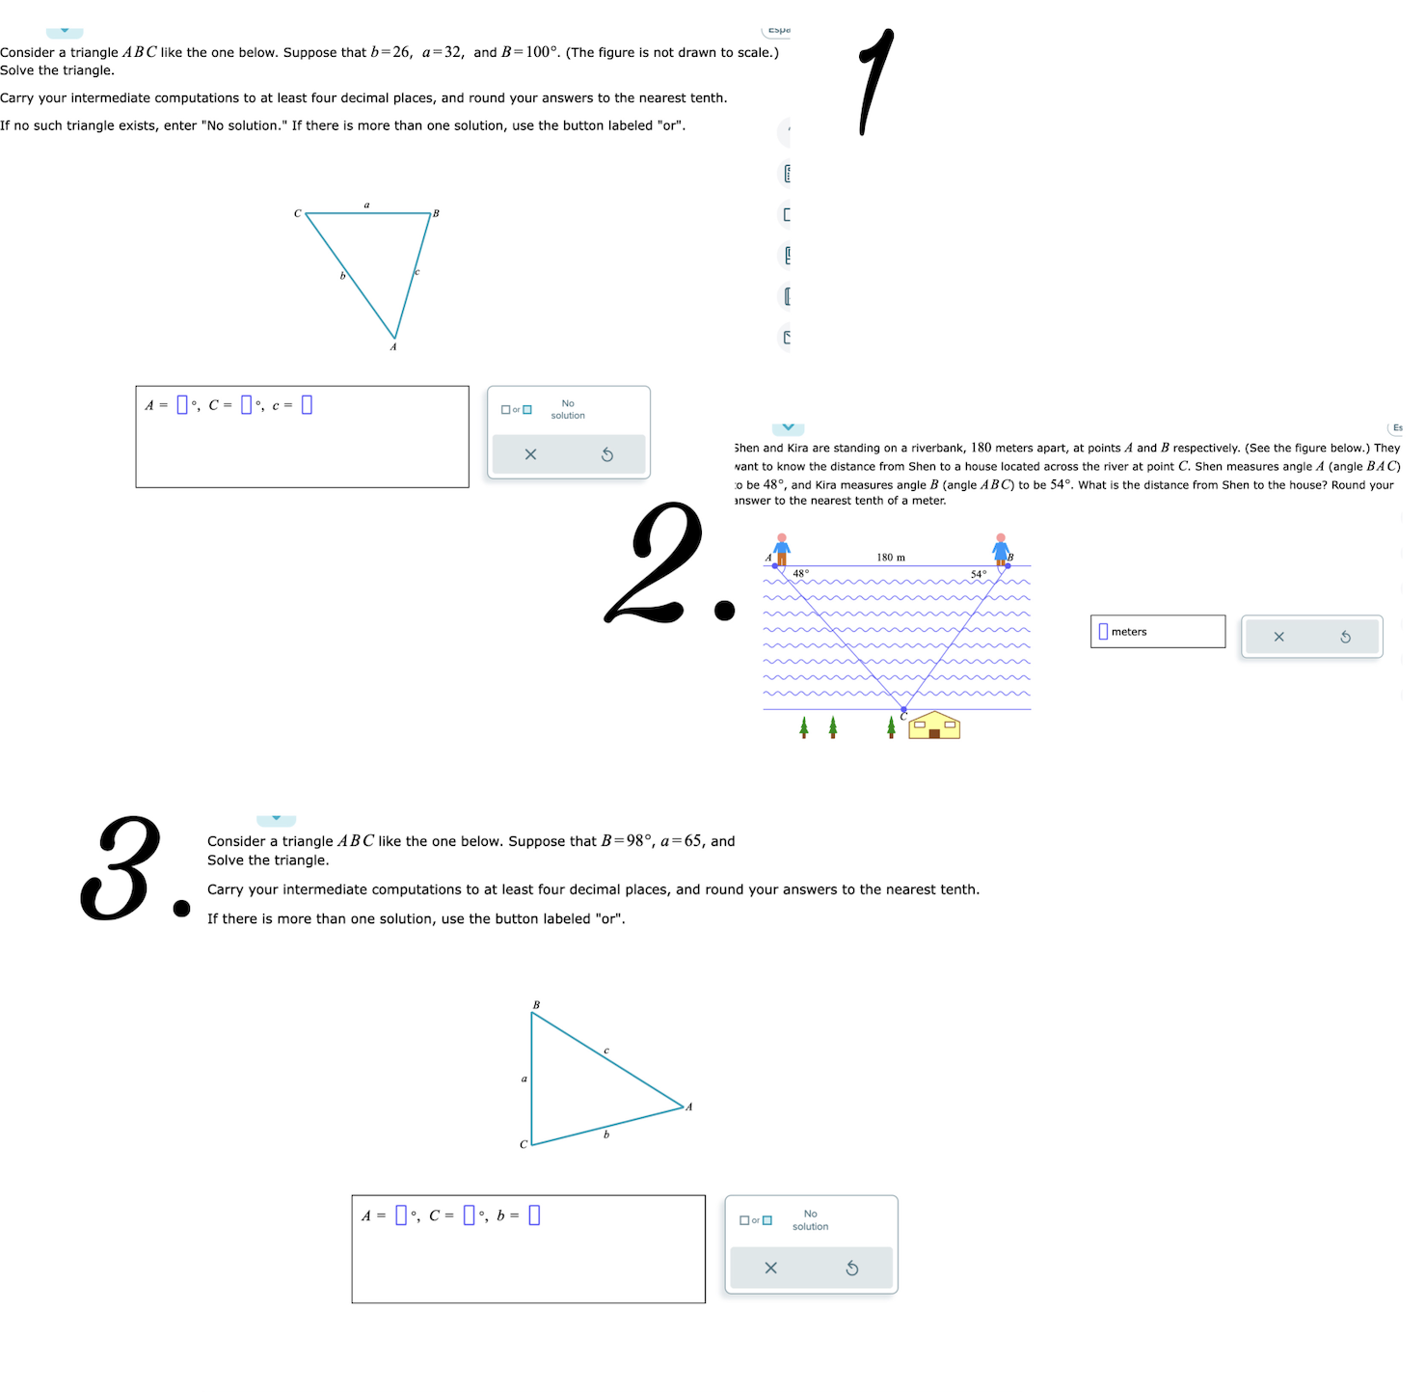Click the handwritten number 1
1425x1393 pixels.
coord(875,81)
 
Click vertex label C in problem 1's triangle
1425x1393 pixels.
coord(297,213)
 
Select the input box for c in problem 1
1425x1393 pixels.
coord(307,405)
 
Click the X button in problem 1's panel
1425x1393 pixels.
coord(530,454)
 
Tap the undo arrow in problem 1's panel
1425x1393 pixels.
coord(607,454)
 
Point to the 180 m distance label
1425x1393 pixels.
coord(891,558)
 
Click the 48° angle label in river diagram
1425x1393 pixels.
coord(800,573)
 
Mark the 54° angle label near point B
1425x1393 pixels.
coord(978,574)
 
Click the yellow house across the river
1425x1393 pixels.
coord(934,725)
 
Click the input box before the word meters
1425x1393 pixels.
coord(1103,632)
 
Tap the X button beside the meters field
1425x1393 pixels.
coord(1278,637)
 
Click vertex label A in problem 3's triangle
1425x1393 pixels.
coord(689,1106)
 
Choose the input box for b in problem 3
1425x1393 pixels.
coord(534,1215)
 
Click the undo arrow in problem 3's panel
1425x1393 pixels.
coord(852,1268)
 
